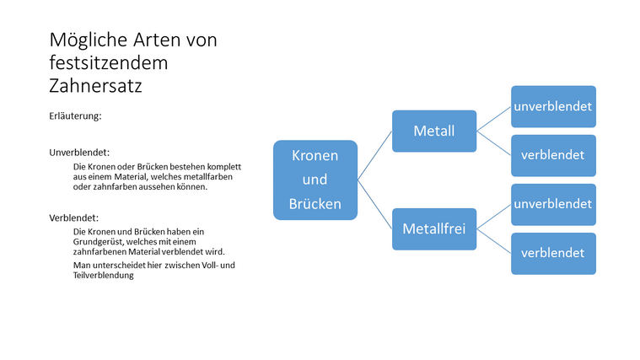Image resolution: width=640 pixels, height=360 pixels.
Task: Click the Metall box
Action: click(434, 131)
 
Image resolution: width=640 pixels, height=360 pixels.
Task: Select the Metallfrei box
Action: click(434, 228)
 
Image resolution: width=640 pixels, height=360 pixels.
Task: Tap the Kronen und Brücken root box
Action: click(315, 180)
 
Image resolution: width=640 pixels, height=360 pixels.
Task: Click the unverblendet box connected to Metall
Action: click(553, 106)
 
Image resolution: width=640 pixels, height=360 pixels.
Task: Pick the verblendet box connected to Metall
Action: click(553, 155)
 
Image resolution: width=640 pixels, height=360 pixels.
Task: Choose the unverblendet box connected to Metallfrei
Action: click(553, 204)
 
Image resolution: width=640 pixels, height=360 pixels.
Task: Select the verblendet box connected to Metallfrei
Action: click(553, 253)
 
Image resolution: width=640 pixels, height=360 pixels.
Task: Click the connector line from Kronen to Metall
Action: click(375, 155)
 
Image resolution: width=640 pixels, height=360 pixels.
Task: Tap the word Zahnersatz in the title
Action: click(95, 85)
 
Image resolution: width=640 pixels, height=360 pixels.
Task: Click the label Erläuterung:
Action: click(76, 116)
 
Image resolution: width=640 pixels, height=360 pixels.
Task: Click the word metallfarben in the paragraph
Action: click(207, 176)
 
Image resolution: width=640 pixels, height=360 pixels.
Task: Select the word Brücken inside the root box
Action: click(315, 203)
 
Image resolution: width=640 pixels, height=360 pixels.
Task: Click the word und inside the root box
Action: click(315, 180)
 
